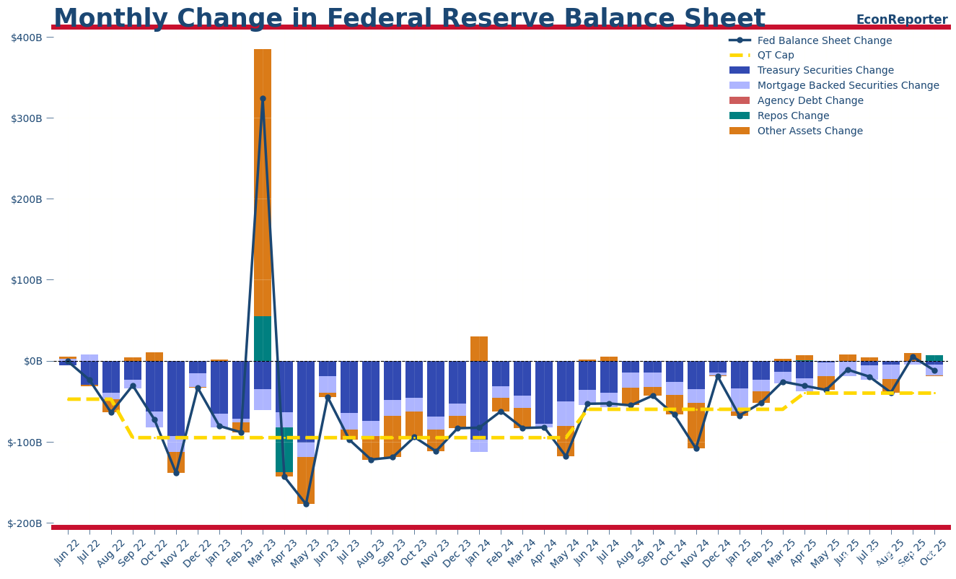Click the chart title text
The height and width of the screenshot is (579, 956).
(x=409, y=19)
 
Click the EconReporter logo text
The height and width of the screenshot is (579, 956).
(x=901, y=19)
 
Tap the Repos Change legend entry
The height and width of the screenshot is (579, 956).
(x=793, y=116)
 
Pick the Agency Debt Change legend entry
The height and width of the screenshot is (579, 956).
(x=810, y=101)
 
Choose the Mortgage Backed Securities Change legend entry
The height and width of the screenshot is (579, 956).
(x=848, y=86)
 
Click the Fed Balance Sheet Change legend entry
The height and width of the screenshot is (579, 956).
(x=824, y=40)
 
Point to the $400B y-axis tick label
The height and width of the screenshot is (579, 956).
(x=32, y=37)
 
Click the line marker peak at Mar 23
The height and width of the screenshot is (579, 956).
(x=263, y=98)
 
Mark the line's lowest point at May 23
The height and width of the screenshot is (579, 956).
(x=306, y=504)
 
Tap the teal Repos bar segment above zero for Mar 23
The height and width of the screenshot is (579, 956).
(x=263, y=339)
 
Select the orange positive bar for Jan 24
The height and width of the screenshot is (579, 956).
(x=479, y=349)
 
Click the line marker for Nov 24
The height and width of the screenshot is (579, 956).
(x=696, y=448)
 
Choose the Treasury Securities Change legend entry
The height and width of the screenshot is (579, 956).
(x=825, y=71)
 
